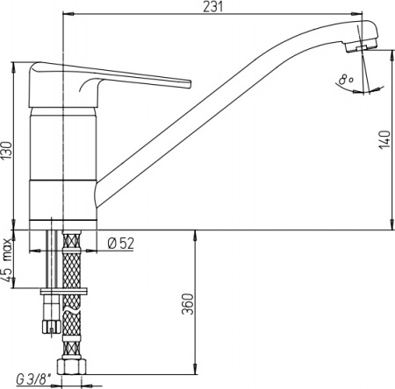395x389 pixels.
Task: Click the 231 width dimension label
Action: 213,6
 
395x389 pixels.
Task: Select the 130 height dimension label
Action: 6,151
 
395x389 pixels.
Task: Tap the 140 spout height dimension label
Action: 384,139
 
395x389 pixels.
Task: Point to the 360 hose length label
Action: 188,304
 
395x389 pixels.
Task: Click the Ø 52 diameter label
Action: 121,244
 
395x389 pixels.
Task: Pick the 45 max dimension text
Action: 7,259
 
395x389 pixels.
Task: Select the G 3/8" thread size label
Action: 33,380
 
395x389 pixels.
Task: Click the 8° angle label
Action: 347,80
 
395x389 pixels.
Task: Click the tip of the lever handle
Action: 189,84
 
